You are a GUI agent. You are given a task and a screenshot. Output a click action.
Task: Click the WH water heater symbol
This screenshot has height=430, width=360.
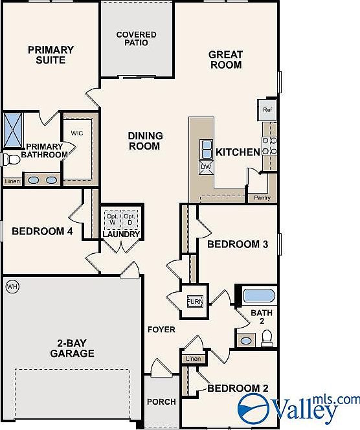tap(12, 287)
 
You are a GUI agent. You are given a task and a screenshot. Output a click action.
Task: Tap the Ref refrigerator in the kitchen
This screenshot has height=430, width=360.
tap(267, 110)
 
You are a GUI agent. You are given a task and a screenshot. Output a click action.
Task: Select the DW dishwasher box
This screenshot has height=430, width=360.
tap(206, 168)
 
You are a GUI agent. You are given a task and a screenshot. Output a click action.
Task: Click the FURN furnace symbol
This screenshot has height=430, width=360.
tap(196, 301)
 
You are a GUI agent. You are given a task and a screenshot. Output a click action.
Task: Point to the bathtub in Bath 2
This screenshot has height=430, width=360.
tap(259, 295)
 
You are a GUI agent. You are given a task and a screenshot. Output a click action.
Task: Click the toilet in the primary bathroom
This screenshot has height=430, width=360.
tap(12, 159)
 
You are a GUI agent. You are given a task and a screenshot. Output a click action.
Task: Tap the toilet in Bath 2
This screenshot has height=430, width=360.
tap(267, 338)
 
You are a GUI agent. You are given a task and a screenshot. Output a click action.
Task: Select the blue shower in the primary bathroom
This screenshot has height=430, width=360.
tap(13, 130)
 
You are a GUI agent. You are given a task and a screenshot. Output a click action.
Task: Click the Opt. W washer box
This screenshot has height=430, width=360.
tap(113, 220)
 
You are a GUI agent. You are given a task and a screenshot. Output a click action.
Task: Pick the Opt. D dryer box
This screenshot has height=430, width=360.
tap(129, 220)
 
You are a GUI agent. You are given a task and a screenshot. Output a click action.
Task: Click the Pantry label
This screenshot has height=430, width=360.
tap(262, 198)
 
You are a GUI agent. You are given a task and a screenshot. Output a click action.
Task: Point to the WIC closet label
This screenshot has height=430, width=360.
tap(77, 133)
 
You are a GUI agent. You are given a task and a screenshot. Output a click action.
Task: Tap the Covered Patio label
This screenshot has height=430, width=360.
tap(136, 39)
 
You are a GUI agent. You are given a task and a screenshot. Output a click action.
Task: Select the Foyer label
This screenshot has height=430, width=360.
tap(161, 330)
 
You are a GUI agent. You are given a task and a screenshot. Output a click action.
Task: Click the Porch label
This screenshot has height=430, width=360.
tap(161, 402)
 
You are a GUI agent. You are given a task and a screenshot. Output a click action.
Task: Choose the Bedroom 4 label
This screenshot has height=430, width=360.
tap(43, 231)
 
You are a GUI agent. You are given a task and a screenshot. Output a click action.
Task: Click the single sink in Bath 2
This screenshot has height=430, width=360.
tap(246, 341)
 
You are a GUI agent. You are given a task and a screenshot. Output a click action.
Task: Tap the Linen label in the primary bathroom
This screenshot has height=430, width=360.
tap(12, 181)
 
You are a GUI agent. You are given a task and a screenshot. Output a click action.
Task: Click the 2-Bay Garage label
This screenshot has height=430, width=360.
tap(72, 348)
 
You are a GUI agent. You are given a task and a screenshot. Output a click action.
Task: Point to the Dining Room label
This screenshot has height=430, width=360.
tap(144, 141)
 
